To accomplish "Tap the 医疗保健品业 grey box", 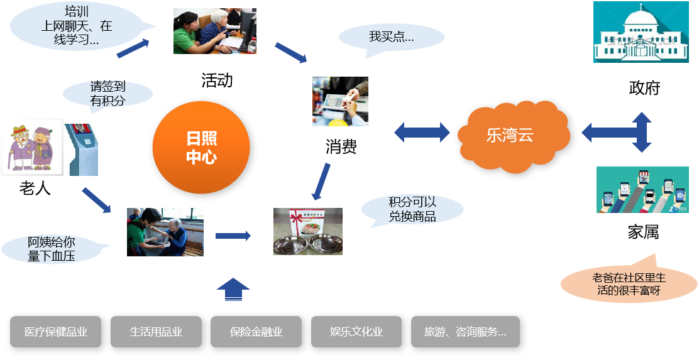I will click(x=55, y=332).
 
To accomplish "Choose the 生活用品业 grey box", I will click(x=156, y=332).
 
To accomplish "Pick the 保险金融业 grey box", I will click(x=256, y=332).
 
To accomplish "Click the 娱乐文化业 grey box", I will click(x=356, y=332).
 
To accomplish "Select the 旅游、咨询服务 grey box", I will click(x=465, y=332).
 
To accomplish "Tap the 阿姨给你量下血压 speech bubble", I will click(x=52, y=249).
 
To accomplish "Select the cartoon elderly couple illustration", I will click(x=32, y=147).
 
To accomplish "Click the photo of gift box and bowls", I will click(x=308, y=231).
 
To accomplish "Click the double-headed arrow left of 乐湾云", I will click(x=422, y=132).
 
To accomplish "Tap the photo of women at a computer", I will click(x=215, y=31).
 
